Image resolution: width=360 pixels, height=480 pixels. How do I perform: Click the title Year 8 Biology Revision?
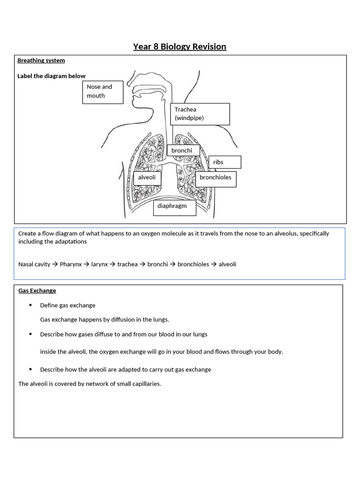pos(180,46)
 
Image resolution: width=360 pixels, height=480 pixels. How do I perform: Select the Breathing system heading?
pos(41,60)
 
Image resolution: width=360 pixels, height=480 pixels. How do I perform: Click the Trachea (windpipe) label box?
pos(200,114)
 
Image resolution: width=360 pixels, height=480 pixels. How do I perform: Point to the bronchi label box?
pos(183,150)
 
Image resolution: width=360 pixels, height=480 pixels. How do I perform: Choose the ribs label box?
pos(225,162)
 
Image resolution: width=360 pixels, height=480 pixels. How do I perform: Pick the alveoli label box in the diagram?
pos(147,178)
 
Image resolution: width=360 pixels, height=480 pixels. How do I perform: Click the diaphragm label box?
pos(174,207)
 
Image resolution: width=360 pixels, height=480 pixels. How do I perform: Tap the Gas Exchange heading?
pos(37,291)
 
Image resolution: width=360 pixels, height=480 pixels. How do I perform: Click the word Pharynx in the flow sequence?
pos(71,264)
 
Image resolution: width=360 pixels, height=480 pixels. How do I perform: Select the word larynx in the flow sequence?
pos(99,264)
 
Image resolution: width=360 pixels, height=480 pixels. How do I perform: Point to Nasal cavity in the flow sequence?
pos(34,264)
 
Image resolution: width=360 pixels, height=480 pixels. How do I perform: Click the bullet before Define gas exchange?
pos(30,305)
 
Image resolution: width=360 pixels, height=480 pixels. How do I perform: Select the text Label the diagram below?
pos(52,76)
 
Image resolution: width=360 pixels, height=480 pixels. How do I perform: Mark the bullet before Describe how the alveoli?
pos(30,369)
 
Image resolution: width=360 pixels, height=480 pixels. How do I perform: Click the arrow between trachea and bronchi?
pos(142,264)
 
